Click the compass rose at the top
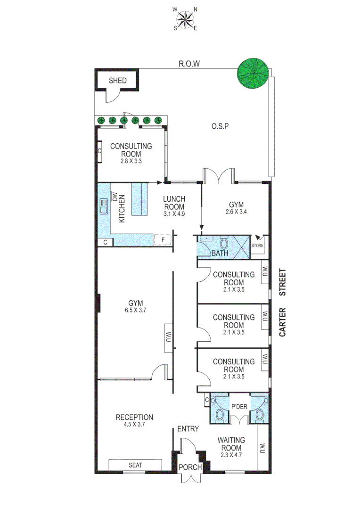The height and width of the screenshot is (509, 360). click(186, 19)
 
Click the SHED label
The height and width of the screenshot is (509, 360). click(117, 81)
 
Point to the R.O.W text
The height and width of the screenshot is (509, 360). click(189, 64)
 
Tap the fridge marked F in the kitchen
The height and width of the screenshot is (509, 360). click(163, 240)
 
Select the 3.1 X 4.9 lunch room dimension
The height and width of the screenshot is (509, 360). click(174, 213)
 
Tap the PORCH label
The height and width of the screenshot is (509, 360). click(190, 467)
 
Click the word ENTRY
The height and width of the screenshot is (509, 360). click(188, 429)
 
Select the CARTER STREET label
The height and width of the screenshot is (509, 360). click(283, 303)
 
